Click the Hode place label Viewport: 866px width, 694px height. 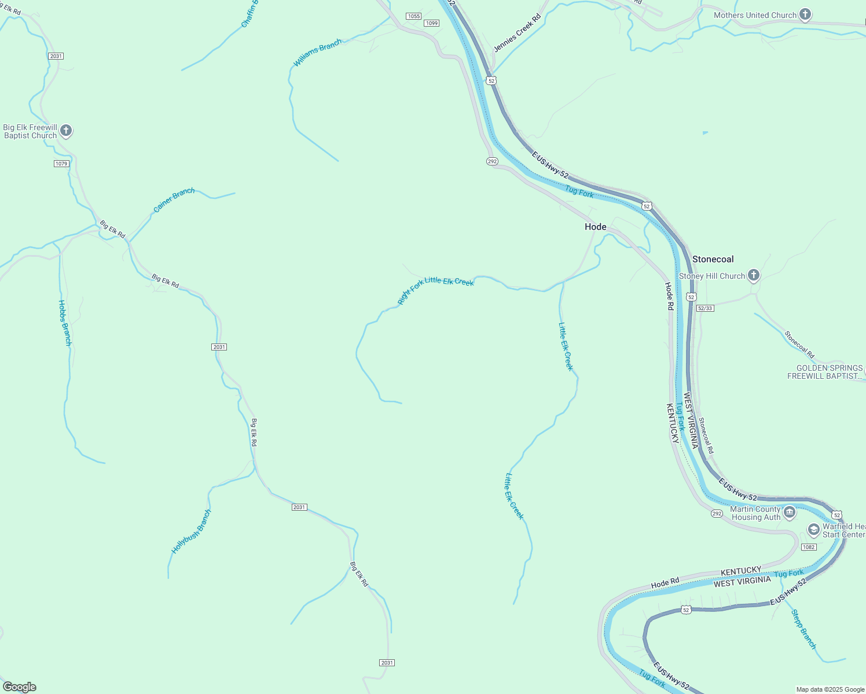[595, 227]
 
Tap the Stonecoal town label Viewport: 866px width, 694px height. [713, 259]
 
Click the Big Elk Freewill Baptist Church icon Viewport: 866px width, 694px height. [66, 131]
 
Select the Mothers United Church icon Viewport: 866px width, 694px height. [805, 15]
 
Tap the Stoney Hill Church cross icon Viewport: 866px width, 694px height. [753, 275]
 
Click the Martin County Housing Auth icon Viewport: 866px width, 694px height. [789, 512]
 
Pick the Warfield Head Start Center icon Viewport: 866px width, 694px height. [813, 530]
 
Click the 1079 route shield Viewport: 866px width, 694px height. [62, 164]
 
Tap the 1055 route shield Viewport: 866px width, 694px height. [413, 16]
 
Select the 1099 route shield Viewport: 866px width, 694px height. [431, 23]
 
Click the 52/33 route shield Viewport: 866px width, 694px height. [705, 308]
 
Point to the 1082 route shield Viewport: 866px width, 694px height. [809, 547]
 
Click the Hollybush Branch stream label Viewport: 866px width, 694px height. [192, 531]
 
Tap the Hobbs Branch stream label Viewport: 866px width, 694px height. [65, 323]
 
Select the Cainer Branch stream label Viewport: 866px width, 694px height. [174, 200]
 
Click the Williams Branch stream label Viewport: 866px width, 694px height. [317, 53]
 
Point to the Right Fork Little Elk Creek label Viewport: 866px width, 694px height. [436, 289]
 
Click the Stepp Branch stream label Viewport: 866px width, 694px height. [803, 629]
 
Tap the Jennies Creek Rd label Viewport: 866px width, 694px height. [517, 32]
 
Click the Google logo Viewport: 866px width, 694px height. [20, 687]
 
